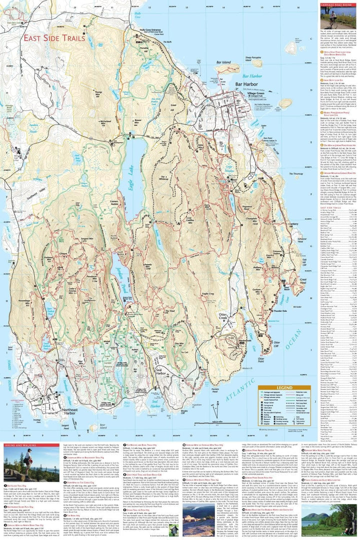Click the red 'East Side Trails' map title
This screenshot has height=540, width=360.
[x=56, y=37]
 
